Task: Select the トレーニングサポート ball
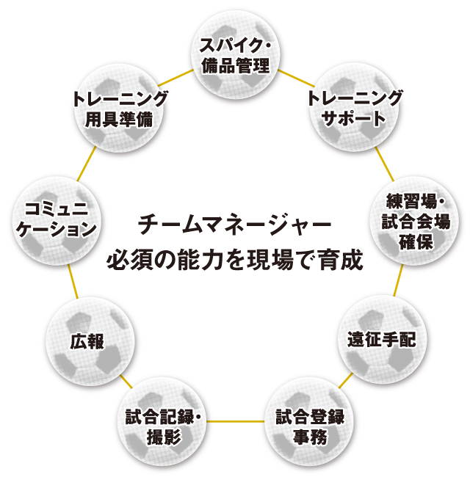[355, 107]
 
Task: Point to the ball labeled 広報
[90, 341]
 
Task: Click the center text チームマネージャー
[236, 222]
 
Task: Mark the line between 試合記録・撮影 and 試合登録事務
[236, 422]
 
